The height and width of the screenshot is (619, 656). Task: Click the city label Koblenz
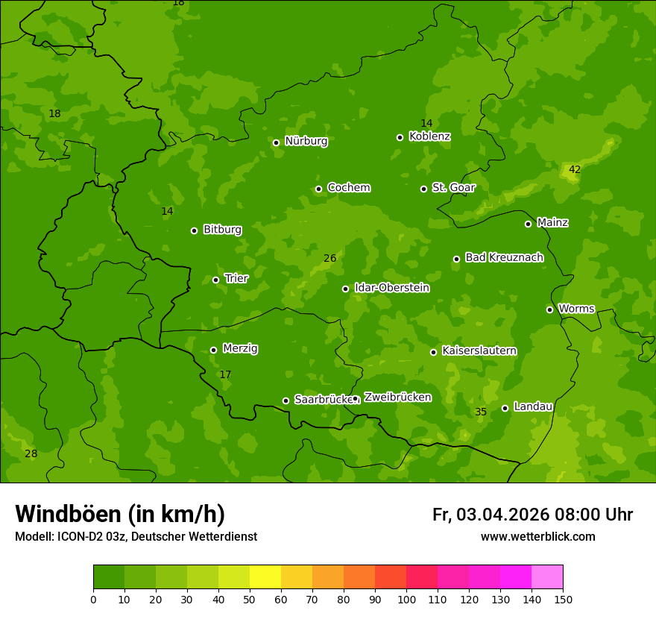[x=429, y=136]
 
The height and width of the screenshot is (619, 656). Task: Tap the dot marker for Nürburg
[x=276, y=142]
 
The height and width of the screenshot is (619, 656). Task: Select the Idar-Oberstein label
[x=391, y=288]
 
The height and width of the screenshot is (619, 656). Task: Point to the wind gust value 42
[x=574, y=170]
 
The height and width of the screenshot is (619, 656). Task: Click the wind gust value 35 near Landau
[x=481, y=412]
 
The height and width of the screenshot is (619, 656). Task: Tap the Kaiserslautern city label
[x=479, y=351]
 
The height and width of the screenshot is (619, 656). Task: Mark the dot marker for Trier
[x=215, y=280]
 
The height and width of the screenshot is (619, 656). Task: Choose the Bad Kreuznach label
[x=504, y=257]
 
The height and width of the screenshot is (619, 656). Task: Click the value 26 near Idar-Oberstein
[x=329, y=259]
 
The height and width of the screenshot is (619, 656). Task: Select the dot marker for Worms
[x=549, y=309]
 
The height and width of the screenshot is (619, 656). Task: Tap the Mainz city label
[x=552, y=222]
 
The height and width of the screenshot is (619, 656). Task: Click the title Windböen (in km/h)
[x=120, y=514]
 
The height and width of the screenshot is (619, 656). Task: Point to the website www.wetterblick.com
[x=537, y=537]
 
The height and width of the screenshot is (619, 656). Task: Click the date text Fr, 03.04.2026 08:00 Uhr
[x=532, y=515]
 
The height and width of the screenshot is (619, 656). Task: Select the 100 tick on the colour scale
[x=406, y=599]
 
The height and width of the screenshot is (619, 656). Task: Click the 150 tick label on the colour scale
[x=563, y=599]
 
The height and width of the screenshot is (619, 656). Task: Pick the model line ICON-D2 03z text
[x=136, y=537]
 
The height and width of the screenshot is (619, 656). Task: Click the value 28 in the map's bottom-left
[x=31, y=454]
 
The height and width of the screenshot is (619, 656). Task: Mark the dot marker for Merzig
[x=213, y=350]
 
